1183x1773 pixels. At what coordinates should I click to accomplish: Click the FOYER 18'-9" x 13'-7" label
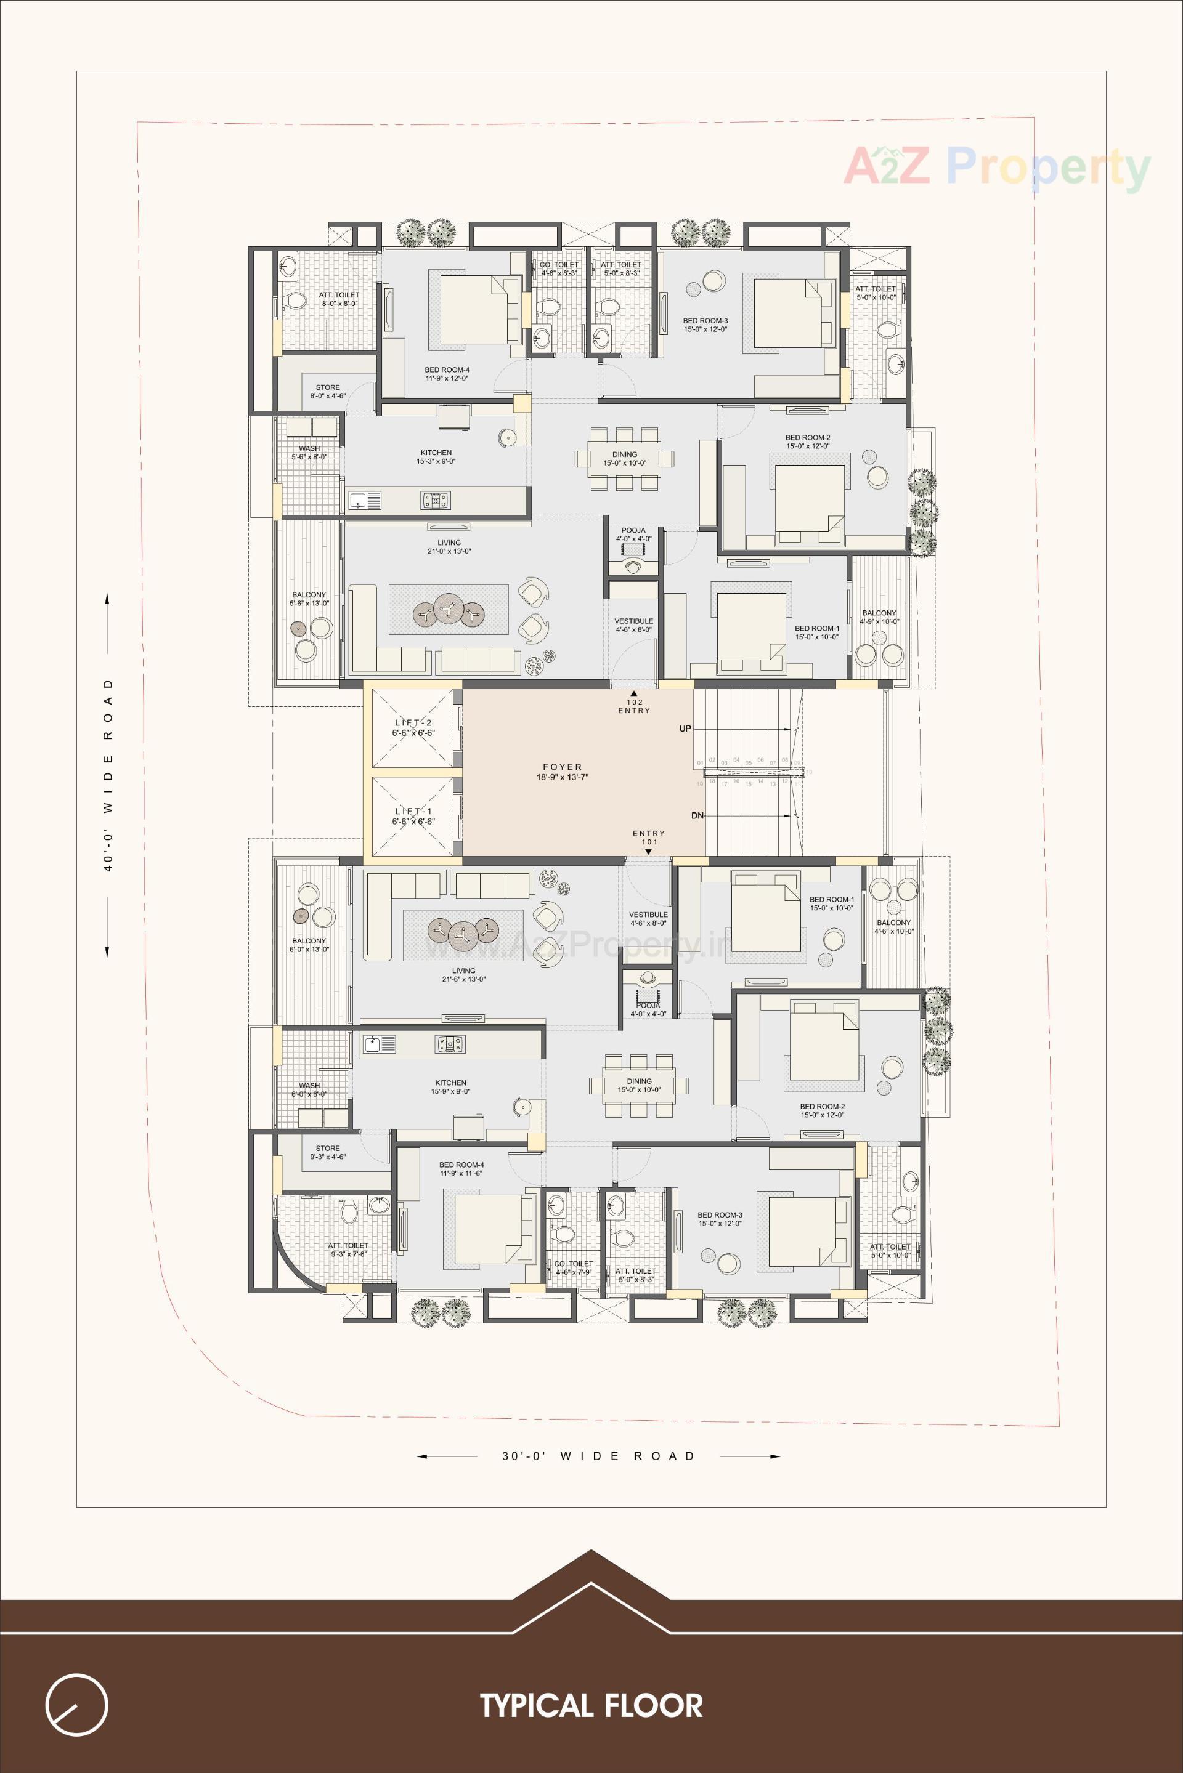[x=562, y=772]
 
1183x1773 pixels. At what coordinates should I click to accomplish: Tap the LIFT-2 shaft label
[x=413, y=728]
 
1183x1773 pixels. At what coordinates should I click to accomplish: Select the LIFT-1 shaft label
[x=413, y=816]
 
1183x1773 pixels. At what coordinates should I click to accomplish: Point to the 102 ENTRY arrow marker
[x=634, y=694]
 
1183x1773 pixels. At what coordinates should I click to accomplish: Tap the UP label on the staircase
[x=685, y=729]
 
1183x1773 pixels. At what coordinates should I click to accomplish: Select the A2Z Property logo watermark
[x=996, y=168]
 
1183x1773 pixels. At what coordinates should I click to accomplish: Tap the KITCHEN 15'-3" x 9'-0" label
[x=436, y=457]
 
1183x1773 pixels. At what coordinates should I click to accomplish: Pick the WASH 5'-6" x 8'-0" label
[x=309, y=453]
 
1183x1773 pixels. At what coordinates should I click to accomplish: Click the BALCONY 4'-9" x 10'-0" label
[x=879, y=617]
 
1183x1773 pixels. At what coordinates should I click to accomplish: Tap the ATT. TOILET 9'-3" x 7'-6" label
[x=348, y=1250]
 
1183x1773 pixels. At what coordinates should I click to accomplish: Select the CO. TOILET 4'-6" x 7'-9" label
[x=574, y=1268]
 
